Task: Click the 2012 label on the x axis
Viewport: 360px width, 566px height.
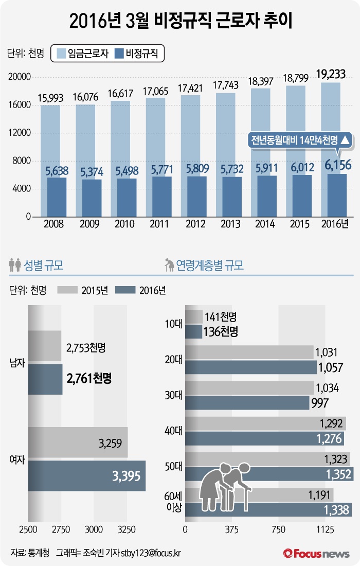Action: point(194,224)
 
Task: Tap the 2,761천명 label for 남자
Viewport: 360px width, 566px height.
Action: point(89,379)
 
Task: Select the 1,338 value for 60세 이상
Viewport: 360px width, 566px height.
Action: point(337,510)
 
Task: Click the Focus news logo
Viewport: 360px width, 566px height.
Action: point(316,553)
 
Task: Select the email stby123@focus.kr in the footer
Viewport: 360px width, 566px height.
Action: point(151,553)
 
